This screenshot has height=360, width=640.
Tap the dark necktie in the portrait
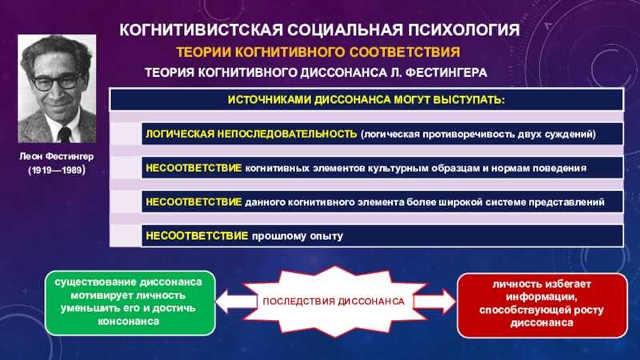64,134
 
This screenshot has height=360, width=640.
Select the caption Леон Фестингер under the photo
56,156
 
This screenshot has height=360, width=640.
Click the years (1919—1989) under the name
56,170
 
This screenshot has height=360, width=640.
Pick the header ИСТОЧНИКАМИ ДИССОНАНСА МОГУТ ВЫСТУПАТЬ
366,100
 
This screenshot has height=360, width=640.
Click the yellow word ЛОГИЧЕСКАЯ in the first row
180,134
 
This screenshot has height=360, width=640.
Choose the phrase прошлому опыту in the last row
297,236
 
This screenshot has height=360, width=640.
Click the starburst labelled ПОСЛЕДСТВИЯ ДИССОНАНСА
334,302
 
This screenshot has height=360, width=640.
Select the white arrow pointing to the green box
235,302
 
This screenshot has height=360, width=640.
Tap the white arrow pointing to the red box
434,302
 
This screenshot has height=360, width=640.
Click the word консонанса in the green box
129,322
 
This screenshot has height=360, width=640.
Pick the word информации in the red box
542,297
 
